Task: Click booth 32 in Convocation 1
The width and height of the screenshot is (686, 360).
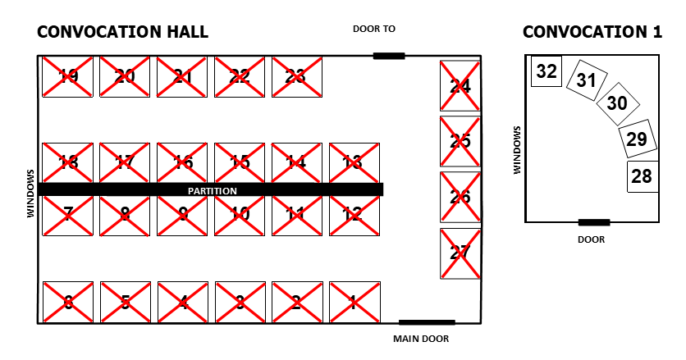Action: (546, 71)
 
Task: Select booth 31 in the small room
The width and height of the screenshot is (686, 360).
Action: (586, 80)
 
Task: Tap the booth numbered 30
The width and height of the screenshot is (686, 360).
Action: (616, 103)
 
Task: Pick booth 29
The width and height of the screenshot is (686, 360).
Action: (637, 139)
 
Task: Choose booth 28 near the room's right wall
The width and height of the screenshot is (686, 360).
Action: (642, 176)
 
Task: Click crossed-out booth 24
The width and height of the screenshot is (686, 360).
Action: (460, 85)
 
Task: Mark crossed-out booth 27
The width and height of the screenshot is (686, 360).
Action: (460, 253)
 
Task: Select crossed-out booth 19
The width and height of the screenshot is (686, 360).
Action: (68, 76)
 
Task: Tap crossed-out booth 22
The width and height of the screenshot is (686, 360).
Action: (240, 76)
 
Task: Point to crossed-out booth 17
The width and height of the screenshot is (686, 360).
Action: (125, 162)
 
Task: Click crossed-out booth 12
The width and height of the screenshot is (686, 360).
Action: (354, 214)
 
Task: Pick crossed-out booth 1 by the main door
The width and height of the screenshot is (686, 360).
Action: (354, 303)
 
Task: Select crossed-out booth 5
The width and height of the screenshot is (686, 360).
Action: (125, 303)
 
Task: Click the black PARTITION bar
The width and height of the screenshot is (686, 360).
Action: (210, 189)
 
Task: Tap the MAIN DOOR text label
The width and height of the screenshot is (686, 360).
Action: (421, 338)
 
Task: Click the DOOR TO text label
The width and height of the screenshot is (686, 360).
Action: (373, 29)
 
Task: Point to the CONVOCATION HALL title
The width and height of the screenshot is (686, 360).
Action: (122, 32)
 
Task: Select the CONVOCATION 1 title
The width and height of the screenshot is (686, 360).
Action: (592, 32)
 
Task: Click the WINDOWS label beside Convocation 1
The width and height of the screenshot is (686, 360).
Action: (517, 149)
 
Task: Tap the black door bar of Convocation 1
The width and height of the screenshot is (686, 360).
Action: (593, 221)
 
